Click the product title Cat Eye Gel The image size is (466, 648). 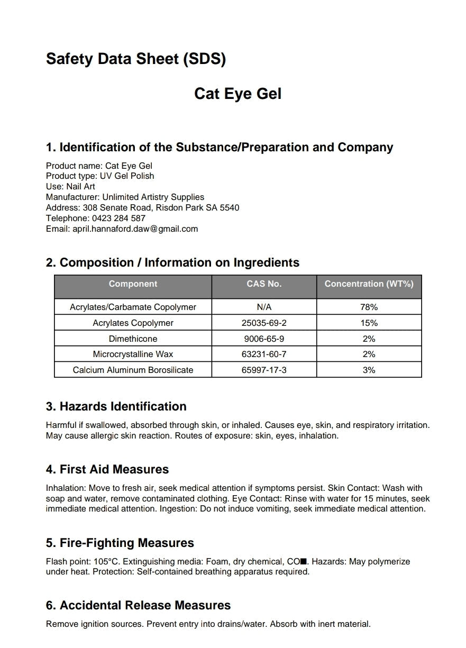237,94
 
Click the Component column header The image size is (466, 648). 133,284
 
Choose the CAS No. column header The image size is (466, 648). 264,284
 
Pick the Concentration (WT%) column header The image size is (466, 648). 369,284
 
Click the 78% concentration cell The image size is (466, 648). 369,307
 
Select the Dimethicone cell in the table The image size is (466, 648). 133,339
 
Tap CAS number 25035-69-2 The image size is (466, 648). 264,323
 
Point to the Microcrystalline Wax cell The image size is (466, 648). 133,354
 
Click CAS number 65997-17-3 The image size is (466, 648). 264,370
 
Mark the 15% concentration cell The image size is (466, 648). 369,323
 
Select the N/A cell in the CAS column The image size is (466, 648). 264,307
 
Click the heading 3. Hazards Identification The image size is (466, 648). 116,406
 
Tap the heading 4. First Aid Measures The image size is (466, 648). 107,469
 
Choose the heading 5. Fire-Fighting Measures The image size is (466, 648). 120,543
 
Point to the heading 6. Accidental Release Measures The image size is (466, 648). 139,605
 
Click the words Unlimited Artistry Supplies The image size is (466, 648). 153,197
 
